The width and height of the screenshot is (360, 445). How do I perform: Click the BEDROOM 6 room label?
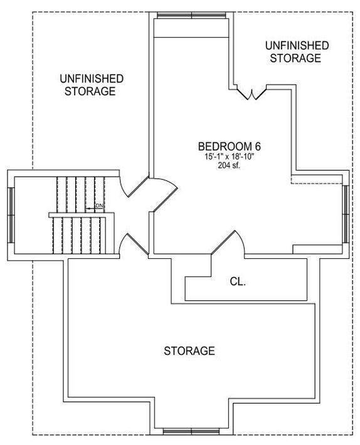tap(229, 147)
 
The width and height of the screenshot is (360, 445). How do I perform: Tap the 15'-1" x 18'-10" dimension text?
tap(229, 156)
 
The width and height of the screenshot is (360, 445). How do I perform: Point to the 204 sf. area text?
tap(229, 165)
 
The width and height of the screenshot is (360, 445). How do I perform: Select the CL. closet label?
tap(238, 281)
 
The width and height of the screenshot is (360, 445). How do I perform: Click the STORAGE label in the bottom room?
tap(189, 351)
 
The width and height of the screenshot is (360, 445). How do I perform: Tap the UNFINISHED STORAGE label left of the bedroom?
tap(92, 85)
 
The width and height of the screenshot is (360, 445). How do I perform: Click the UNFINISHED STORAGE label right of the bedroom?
tap(297, 51)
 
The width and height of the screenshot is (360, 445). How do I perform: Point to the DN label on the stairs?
tap(99, 206)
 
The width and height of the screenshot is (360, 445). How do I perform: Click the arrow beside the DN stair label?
tap(90, 209)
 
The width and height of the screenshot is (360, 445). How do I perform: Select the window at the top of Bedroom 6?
tap(192, 15)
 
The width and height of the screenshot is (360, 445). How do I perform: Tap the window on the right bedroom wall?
tap(346, 214)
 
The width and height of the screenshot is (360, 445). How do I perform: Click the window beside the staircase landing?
tap(11, 215)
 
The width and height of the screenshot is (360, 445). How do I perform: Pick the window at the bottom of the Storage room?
tap(191, 432)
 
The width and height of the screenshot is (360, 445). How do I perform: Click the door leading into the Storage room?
tap(134, 244)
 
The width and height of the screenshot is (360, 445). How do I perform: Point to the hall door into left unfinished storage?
tap(134, 186)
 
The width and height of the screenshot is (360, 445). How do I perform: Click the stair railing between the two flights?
tap(82, 215)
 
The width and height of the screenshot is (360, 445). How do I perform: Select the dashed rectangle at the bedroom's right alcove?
tap(317, 179)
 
